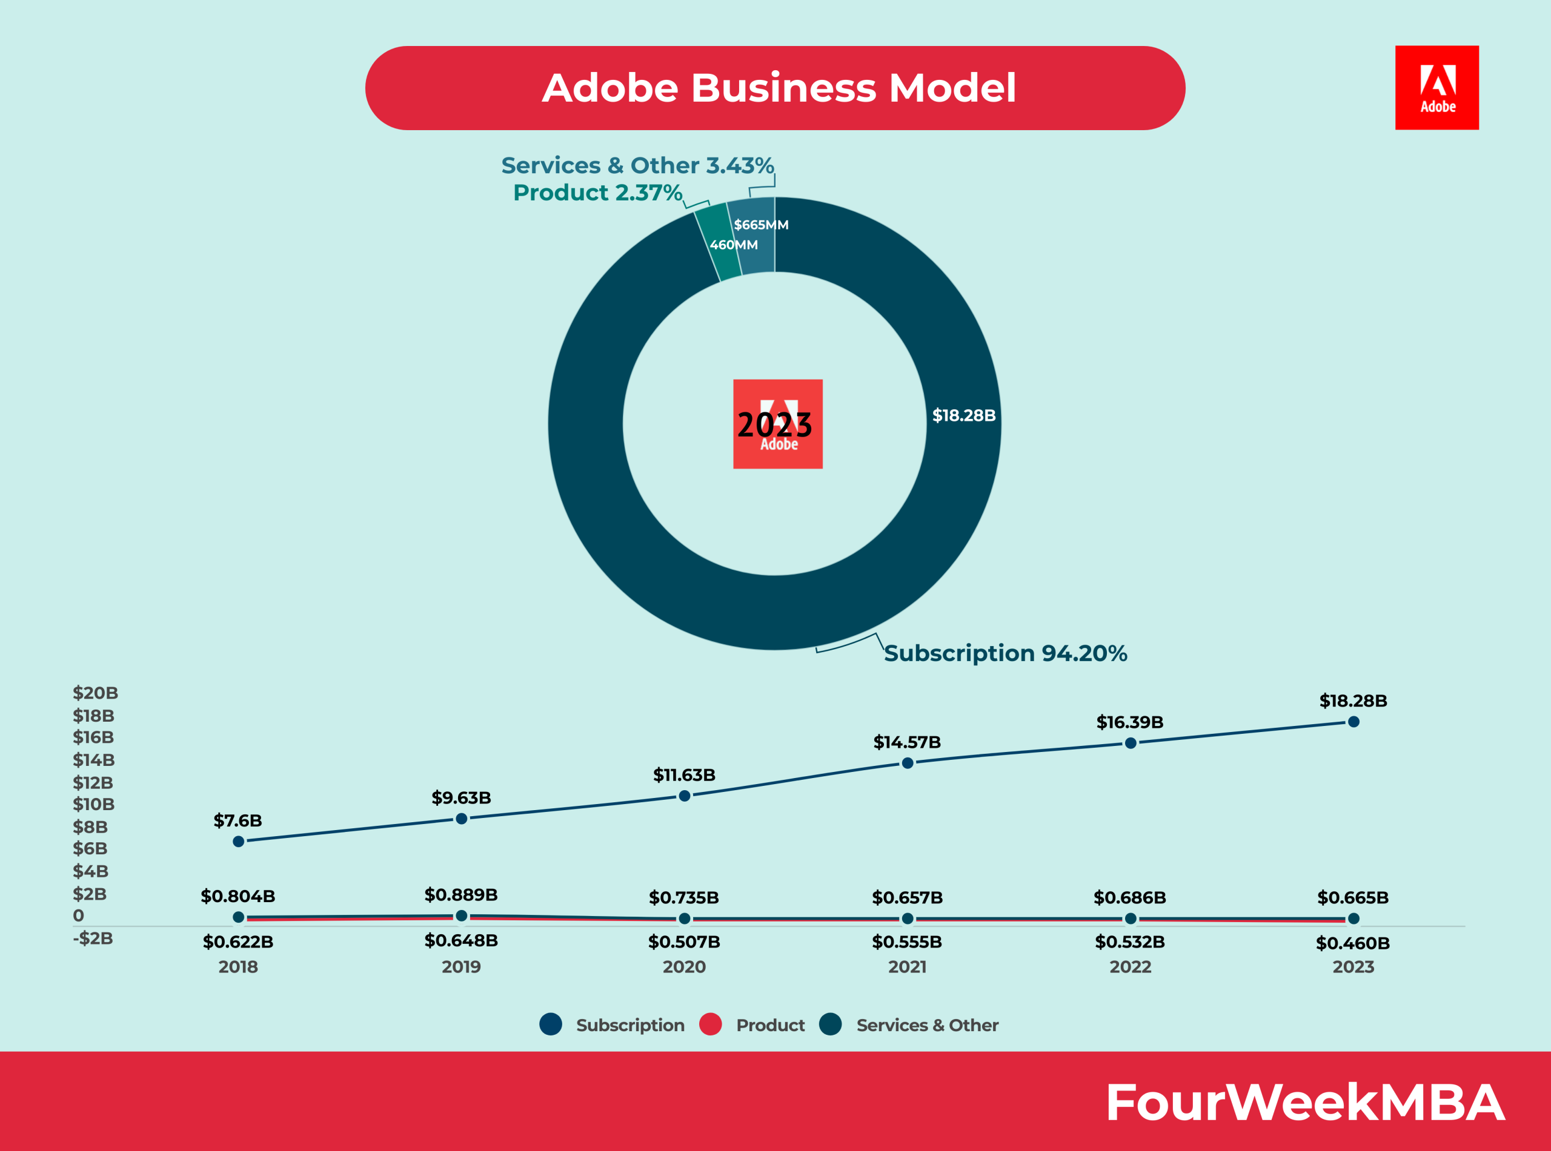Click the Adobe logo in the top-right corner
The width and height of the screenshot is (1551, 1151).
pyautogui.click(x=1436, y=87)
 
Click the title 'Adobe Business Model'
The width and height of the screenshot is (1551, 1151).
pyautogui.click(x=779, y=88)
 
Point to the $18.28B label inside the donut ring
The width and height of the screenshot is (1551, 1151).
pyautogui.click(x=963, y=415)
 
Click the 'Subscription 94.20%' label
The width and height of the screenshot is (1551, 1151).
pyautogui.click(x=1005, y=653)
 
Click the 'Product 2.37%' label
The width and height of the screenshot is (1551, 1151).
pyautogui.click(x=597, y=193)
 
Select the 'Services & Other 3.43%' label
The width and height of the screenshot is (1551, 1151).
pyautogui.click(x=637, y=165)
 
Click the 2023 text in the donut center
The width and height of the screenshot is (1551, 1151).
pyautogui.click(x=774, y=424)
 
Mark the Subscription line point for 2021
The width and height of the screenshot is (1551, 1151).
pyautogui.click(x=908, y=763)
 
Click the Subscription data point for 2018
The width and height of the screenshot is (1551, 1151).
pyautogui.click(x=238, y=841)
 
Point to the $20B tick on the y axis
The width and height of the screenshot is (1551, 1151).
pyautogui.click(x=96, y=693)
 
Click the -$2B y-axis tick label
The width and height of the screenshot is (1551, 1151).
pyautogui.click(x=93, y=938)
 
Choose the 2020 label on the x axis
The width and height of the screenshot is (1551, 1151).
pyautogui.click(x=684, y=966)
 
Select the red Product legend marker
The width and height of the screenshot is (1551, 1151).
pyautogui.click(x=710, y=1024)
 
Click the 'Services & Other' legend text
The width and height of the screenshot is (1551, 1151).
pyautogui.click(x=927, y=1025)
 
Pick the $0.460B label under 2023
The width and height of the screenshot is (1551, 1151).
pyautogui.click(x=1352, y=943)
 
